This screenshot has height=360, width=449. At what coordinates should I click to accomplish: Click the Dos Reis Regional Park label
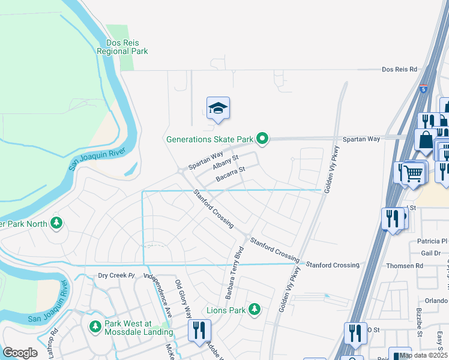coord(122,47)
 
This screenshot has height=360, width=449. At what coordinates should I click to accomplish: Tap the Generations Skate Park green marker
coord(262,139)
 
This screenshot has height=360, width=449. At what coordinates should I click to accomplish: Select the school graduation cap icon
coord(218,108)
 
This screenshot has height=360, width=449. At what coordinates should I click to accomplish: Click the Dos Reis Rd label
coord(399,70)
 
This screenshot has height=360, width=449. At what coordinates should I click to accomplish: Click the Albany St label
coord(227,161)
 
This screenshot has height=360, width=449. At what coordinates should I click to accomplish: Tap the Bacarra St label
coord(231,173)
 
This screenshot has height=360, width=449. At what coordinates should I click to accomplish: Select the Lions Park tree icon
coord(255,310)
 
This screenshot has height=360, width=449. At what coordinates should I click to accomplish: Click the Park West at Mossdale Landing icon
coord(95,327)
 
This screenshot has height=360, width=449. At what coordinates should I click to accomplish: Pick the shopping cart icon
coord(412,173)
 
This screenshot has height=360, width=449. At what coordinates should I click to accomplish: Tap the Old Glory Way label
coord(183,298)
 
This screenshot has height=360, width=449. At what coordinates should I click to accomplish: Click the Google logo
coord(20,352)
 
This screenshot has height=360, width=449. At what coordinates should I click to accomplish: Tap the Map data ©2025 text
coord(423,355)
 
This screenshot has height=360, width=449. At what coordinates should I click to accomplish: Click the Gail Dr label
coord(430,253)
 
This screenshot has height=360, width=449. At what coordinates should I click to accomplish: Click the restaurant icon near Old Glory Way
coord(198,329)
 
